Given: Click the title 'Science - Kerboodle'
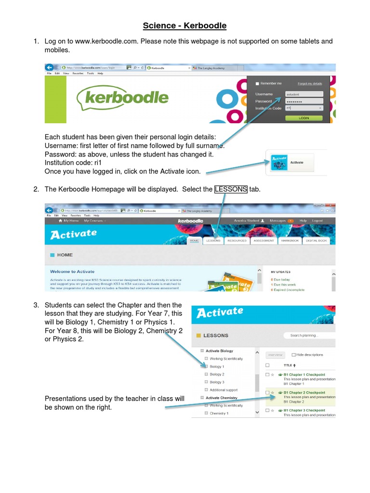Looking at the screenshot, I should (x=185, y=26).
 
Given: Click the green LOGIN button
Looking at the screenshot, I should (x=304, y=117).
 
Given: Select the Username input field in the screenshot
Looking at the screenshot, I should (x=304, y=94).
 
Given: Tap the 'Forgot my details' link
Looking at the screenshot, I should (x=310, y=83).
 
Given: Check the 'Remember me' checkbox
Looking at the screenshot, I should (x=257, y=83).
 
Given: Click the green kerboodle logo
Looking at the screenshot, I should (x=123, y=98).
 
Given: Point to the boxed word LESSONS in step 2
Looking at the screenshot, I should (x=231, y=189).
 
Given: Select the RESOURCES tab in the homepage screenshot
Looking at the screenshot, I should (x=237, y=240).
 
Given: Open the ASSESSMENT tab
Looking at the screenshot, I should (x=264, y=240).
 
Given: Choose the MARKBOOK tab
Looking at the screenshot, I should (x=290, y=240).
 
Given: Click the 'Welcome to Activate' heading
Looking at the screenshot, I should (x=72, y=272).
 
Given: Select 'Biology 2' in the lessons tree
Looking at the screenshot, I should (x=216, y=374).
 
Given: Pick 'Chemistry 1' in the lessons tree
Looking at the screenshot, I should (x=219, y=413).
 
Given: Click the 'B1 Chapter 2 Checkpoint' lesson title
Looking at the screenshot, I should (x=304, y=392).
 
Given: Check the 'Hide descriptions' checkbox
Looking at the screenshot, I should (x=294, y=355).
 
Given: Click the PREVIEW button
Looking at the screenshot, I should (x=275, y=355).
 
